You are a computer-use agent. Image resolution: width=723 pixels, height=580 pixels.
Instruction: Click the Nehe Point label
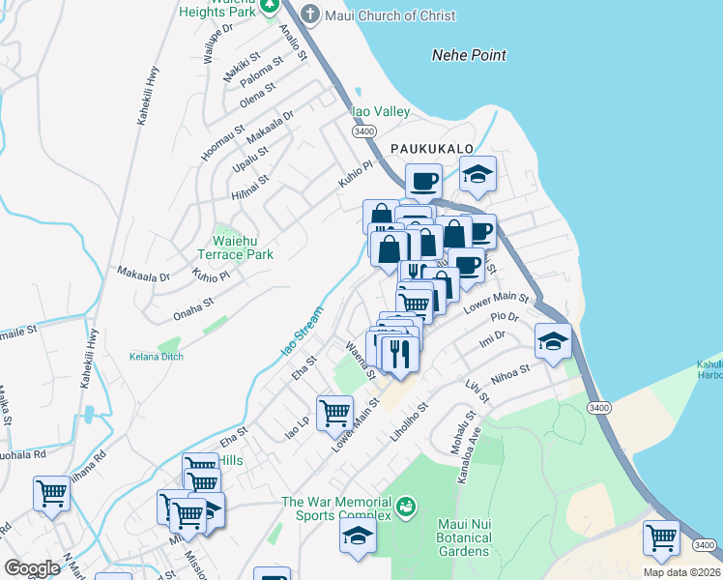pos(468,55)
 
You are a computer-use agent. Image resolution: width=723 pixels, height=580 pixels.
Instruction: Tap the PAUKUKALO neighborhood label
pos(432,148)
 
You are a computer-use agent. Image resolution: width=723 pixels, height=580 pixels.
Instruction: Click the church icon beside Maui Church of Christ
pos(309,14)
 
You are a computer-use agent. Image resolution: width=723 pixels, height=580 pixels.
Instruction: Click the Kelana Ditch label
pos(156,356)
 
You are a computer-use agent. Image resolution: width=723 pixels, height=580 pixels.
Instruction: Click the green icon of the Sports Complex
pos(407,505)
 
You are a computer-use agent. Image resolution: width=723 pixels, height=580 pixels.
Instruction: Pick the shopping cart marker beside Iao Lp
pos(334,411)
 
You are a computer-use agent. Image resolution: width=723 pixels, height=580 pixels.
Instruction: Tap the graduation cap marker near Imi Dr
pos(554,341)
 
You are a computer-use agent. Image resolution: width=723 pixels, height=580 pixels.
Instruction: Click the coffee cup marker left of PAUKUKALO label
pos(422,180)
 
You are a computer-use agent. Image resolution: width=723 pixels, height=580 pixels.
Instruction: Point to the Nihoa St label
pos(511,371)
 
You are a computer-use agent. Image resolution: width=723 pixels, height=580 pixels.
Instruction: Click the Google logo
pos(32,568)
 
